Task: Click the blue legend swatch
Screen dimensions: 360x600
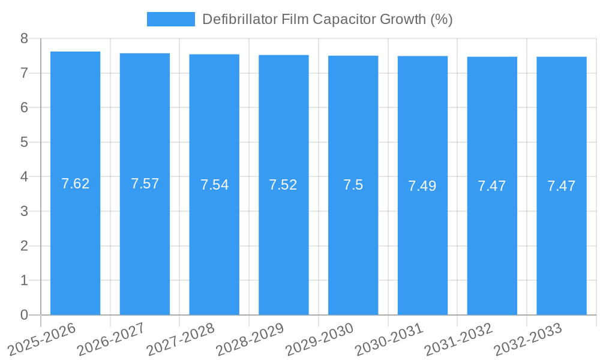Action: pyautogui.click(x=171, y=19)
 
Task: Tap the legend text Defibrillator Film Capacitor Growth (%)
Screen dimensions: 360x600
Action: pyautogui.click(x=327, y=19)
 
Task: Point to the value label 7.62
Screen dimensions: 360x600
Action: pyautogui.click(x=76, y=184)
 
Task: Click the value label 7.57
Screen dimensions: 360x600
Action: pyautogui.click(x=145, y=184)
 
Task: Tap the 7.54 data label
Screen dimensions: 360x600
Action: pyautogui.click(x=214, y=185)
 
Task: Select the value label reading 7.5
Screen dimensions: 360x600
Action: pyautogui.click(x=353, y=185)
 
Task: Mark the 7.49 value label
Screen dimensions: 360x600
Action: pyautogui.click(x=422, y=186)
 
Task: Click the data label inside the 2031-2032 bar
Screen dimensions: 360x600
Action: pyautogui.click(x=492, y=186)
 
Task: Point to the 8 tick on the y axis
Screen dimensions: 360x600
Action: pyautogui.click(x=25, y=38)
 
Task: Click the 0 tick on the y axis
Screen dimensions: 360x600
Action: pyautogui.click(x=25, y=315)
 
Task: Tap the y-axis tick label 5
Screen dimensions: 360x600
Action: pyautogui.click(x=25, y=142)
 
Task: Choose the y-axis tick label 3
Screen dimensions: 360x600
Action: pyautogui.click(x=25, y=211)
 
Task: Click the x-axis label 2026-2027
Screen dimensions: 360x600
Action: pyautogui.click(x=112, y=339)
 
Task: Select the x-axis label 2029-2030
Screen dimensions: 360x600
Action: pyautogui.click(x=320, y=339)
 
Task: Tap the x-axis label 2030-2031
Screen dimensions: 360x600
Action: pyautogui.click(x=389, y=339)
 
